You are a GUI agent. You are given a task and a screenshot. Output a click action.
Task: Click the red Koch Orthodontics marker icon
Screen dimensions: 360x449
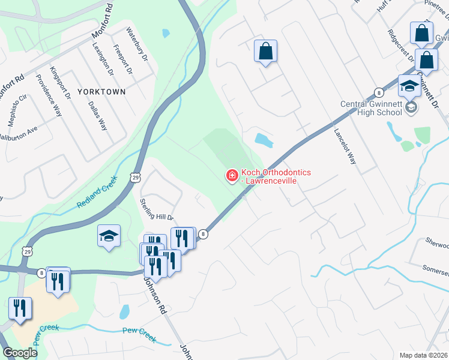tap(231, 176)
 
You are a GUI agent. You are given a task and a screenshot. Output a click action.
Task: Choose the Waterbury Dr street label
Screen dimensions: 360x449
tap(137, 44)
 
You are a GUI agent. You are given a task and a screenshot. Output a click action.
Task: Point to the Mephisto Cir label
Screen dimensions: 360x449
tap(17, 107)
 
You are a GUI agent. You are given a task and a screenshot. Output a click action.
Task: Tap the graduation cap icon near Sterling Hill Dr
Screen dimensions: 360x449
tap(109, 236)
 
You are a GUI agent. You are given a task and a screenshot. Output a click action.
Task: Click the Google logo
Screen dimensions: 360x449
tap(19, 353)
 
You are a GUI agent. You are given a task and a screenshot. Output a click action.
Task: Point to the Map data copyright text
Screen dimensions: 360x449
tap(423, 355)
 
